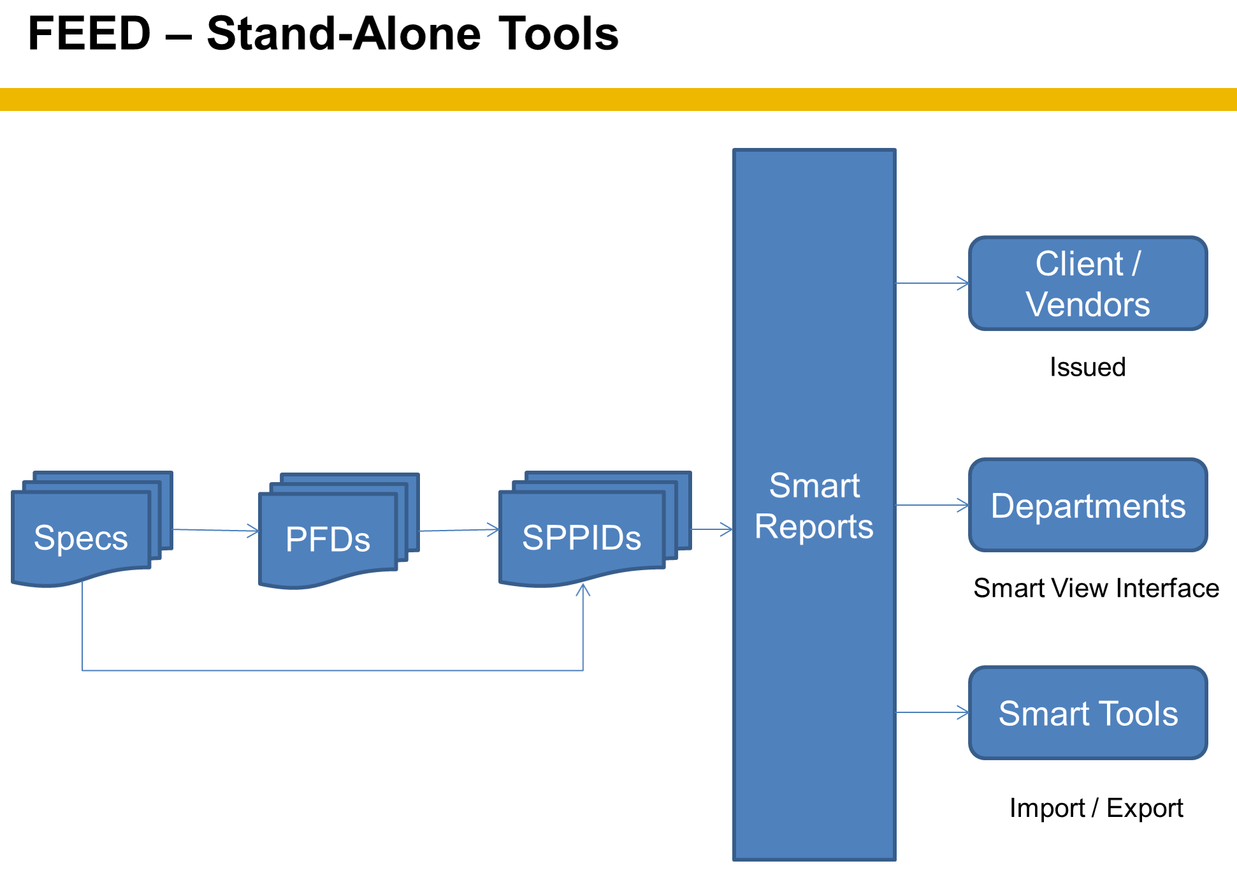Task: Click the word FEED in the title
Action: point(90,33)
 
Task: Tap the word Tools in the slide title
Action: point(558,33)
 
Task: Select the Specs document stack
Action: point(92,529)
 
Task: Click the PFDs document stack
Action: point(339,531)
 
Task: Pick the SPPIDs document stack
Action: point(595,529)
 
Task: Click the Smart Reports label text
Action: point(814,506)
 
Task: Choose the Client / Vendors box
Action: point(1088,283)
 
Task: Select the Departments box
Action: point(1088,504)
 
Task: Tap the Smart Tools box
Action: point(1088,712)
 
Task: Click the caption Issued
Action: point(1088,367)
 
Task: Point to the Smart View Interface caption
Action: point(1096,588)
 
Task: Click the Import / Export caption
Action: point(1096,808)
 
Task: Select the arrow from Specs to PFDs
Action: point(216,530)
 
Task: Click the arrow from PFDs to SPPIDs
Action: point(459,530)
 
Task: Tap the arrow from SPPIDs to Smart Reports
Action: point(713,529)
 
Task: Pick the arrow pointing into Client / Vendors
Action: point(933,283)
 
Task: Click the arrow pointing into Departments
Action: point(933,505)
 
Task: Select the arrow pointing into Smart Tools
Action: point(933,712)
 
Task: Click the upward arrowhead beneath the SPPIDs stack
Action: point(583,589)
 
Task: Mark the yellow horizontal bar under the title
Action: point(618,99)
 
